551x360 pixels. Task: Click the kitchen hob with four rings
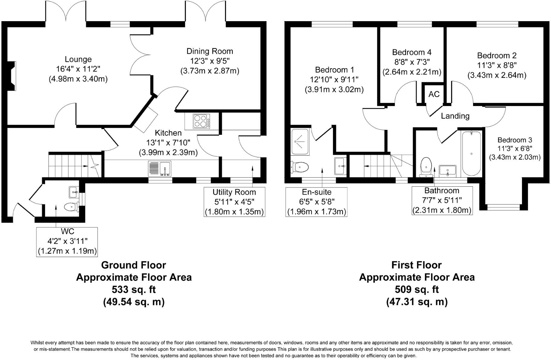[201, 121]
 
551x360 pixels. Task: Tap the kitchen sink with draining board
[159, 169]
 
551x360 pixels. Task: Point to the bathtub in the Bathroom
[471, 153]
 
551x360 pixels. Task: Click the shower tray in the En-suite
[300, 142]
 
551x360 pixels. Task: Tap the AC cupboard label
[434, 94]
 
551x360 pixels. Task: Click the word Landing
[455, 116]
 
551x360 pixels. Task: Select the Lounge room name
[78, 59]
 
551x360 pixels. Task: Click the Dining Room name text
[210, 51]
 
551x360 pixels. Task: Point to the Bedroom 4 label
[412, 52]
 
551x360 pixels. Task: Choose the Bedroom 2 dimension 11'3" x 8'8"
[497, 65]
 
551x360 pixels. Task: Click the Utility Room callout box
[234, 202]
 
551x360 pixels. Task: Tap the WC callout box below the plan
[67, 242]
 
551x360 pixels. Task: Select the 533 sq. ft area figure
[134, 290]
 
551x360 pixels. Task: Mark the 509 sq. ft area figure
[417, 290]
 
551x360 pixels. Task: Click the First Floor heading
[417, 265]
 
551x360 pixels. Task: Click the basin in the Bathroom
[448, 171]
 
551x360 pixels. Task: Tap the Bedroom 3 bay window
[504, 207]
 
